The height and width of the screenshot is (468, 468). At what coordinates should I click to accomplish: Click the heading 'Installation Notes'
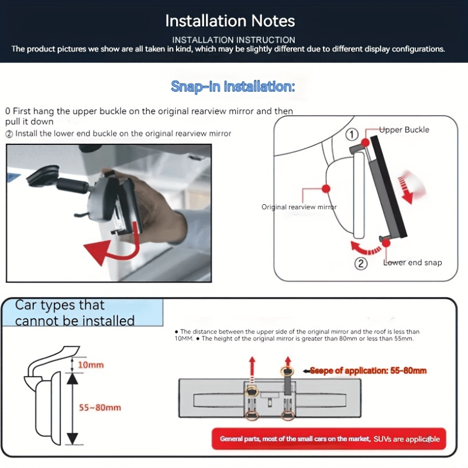click(230, 21)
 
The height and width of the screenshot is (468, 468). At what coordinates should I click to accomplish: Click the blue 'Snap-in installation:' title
click(233, 87)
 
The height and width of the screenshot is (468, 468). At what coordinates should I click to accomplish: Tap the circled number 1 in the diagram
click(352, 135)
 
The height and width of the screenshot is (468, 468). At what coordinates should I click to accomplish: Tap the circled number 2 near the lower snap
click(361, 264)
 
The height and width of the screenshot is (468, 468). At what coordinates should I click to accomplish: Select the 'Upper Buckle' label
click(404, 130)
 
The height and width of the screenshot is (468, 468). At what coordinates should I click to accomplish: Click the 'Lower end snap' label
click(412, 262)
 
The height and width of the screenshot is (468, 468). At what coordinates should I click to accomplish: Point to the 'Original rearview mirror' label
click(299, 207)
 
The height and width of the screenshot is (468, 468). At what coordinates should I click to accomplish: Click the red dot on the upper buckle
click(365, 142)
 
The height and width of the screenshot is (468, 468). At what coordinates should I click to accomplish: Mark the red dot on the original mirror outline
click(326, 188)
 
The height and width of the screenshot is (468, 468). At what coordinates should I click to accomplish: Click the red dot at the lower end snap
click(386, 243)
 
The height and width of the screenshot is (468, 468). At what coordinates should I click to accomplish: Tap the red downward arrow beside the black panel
click(407, 190)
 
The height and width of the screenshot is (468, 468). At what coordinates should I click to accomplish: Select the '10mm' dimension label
click(91, 364)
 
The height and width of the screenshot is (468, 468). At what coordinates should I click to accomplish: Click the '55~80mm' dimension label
click(100, 407)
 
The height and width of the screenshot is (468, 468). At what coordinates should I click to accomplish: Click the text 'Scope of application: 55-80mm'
click(369, 371)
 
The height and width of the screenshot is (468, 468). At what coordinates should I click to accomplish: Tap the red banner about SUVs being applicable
click(329, 439)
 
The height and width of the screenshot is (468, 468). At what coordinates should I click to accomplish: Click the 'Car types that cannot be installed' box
click(82, 312)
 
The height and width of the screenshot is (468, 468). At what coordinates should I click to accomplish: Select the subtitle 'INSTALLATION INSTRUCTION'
click(233, 40)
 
